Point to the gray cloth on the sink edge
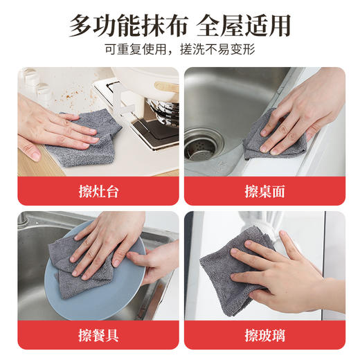coord(273,135)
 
